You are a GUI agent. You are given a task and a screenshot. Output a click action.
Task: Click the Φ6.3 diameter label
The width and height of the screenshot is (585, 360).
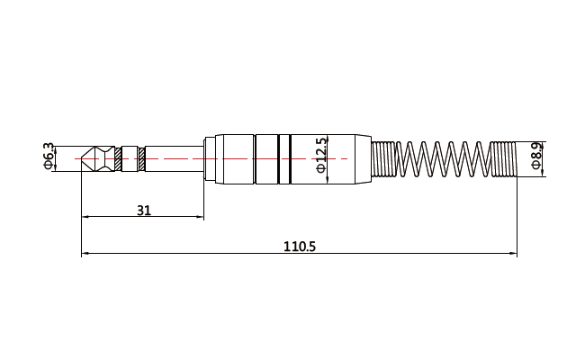[49, 157]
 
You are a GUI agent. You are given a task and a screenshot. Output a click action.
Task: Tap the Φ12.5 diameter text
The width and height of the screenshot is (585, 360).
[321, 156]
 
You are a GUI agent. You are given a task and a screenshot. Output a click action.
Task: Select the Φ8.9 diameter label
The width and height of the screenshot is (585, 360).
[536, 156]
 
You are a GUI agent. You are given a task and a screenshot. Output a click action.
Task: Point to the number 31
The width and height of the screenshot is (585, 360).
[144, 211]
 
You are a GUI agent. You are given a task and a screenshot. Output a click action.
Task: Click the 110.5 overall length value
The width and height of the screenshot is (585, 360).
[300, 247]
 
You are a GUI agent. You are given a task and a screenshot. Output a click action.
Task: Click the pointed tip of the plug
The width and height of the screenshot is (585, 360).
[82, 158]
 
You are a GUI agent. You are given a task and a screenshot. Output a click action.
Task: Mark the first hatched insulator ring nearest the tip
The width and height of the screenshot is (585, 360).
[118, 159]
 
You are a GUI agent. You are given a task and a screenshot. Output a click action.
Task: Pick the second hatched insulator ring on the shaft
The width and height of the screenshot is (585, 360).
[142, 159]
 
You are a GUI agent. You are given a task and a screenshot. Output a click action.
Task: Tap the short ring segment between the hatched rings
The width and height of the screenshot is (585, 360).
[130, 159]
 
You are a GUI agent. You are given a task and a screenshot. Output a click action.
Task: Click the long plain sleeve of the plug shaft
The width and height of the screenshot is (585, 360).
[175, 159]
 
